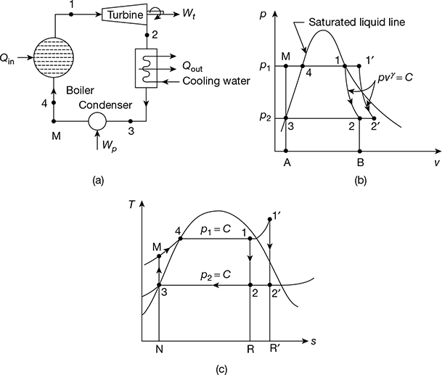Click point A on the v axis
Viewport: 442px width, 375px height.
(287, 163)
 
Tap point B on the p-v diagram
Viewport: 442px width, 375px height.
(360, 163)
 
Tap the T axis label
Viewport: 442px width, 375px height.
(131, 205)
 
